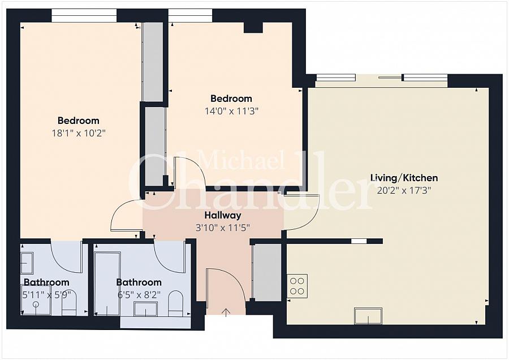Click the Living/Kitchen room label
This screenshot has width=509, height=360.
[404, 178]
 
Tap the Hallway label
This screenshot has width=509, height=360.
[223, 215]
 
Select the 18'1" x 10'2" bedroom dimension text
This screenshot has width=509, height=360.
[79, 133]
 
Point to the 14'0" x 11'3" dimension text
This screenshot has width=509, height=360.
[231, 111]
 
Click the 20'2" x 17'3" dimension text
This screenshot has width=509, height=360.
[404, 190]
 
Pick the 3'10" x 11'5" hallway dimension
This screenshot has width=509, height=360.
[223, 228]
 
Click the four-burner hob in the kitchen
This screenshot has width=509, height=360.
[297, 286]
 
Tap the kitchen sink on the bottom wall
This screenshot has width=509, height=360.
[368, 316]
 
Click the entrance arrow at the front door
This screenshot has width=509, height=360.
[226, 312]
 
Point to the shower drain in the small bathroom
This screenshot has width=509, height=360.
[36, 305]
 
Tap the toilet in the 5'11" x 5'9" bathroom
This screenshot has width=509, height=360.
[69, 302]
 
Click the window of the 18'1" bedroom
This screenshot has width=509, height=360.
[84, 16]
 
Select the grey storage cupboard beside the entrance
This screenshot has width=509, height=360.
[267, 272]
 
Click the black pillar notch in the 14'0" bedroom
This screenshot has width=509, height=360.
[253, 27]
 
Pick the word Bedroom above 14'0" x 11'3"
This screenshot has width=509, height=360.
[231, 98]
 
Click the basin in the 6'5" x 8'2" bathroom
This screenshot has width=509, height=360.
[146, 308]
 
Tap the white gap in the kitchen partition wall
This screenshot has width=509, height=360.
[359, 241]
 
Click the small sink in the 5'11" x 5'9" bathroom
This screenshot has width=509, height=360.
[27, 263]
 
